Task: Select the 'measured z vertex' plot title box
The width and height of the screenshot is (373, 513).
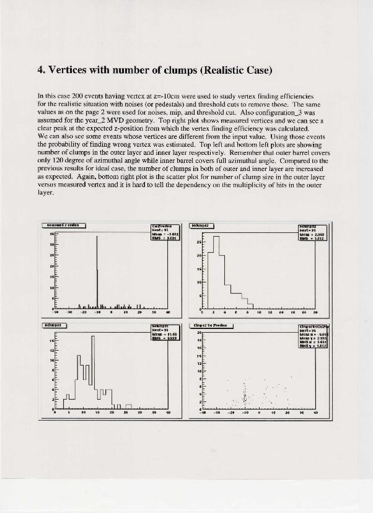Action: coord(63,226)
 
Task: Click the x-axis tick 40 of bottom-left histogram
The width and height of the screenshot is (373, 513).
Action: coord(168,413)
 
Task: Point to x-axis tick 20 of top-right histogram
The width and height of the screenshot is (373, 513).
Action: coord(315,312)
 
